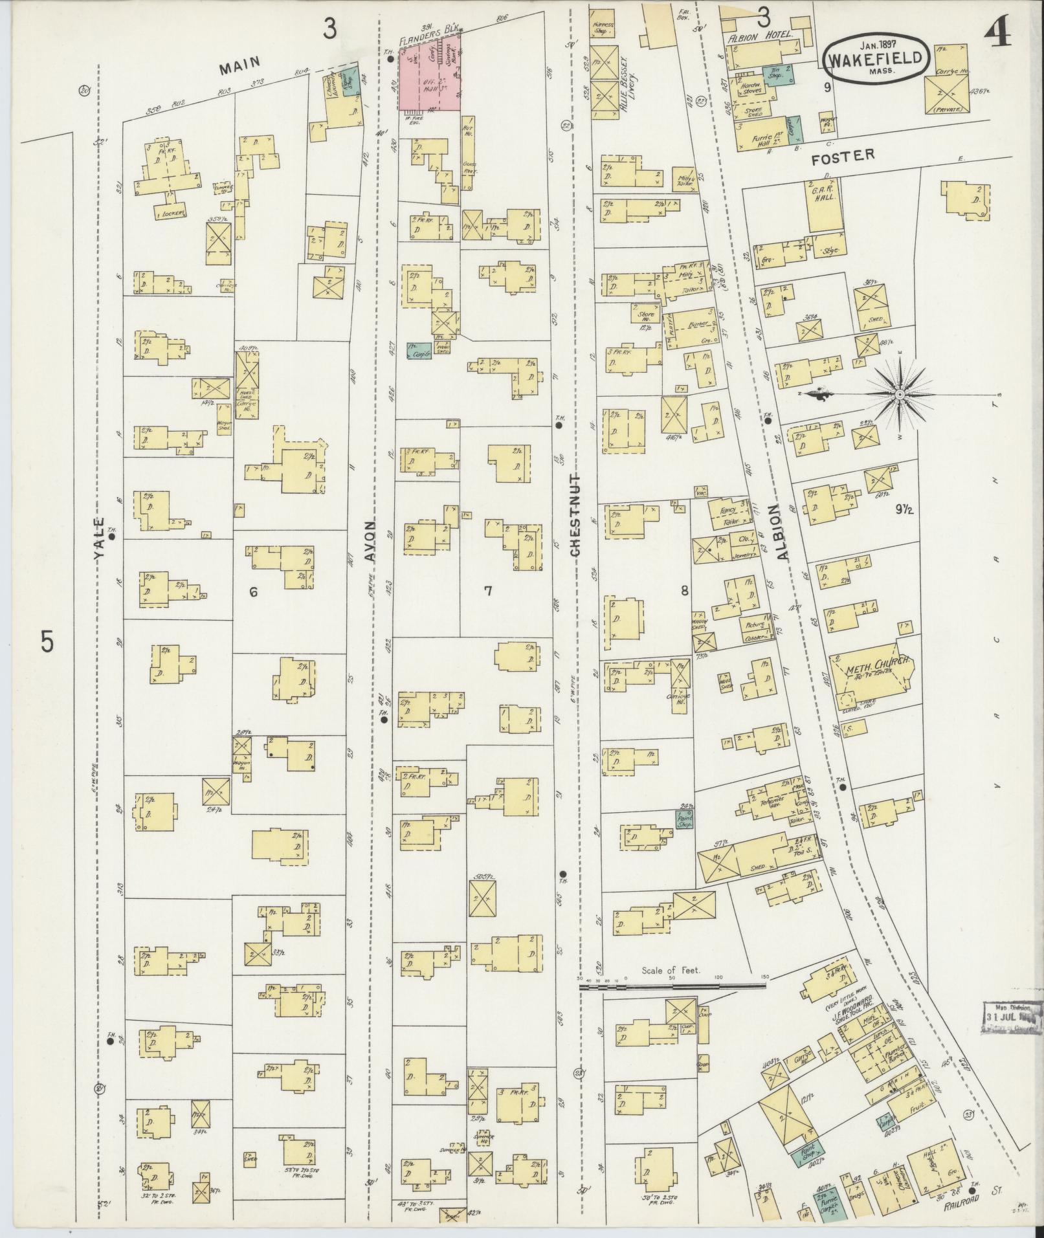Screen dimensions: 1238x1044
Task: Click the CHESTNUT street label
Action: [575, 514]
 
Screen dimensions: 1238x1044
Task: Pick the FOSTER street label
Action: [843, 155]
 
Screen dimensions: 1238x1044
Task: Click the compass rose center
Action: [900, 393]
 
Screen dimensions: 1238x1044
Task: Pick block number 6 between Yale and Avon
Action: [254, 591]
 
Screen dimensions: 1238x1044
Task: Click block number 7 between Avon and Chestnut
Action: [488, 590]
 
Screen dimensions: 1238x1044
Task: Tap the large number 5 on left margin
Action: [47, 642]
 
